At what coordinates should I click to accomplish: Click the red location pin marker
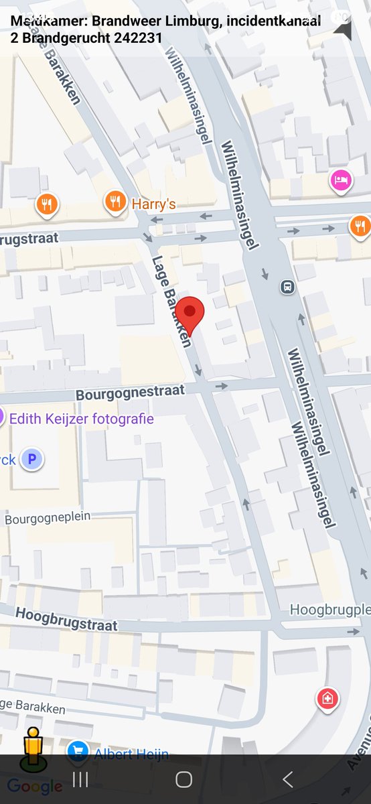tap(190, 313)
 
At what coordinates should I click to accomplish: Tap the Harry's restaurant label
tap(153, 204)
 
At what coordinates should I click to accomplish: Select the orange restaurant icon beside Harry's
tap(116, 201)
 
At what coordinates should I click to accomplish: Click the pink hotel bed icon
tap(340, 180)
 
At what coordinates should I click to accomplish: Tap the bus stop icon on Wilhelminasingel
tap(288, 287)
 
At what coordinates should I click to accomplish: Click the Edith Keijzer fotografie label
tap(81, 419)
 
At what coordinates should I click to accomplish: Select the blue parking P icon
tap(31, 460)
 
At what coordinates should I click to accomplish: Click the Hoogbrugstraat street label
tap(66, 619)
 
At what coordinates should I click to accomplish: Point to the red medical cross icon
tap(327, 699)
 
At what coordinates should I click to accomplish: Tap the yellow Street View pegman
tap(31, 747)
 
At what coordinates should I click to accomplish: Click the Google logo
tap(35, 787)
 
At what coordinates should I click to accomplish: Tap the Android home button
tap(184, 779)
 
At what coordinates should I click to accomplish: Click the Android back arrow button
tap(287, 779)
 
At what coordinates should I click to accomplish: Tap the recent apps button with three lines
tap(80, 779)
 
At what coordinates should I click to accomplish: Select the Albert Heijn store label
tap(131, 754)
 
